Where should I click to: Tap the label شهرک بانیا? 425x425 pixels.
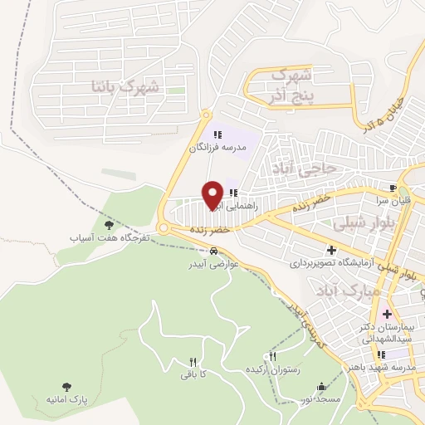point(126,86)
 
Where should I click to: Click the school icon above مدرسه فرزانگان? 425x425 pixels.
point(217,134)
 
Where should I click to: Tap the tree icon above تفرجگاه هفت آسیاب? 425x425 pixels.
point(109,224)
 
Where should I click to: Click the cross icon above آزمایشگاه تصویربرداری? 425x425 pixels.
point(330,249)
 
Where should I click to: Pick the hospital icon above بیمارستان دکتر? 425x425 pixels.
point(384,315)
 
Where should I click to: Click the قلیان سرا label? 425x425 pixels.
point(393,200)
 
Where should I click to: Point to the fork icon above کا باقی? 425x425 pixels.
point(193,362)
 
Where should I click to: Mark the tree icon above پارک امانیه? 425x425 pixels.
point(66,387)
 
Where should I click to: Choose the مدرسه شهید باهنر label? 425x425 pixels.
point(392,367)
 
